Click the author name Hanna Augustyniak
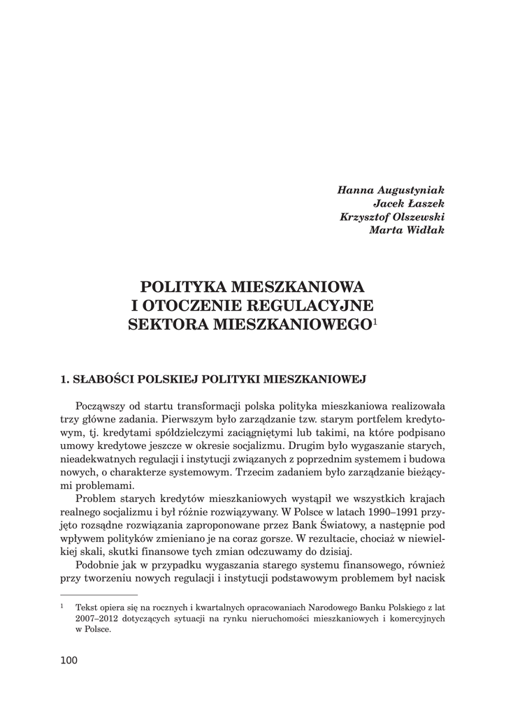point(391,190)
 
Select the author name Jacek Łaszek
point(409,203)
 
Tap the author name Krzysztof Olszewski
point(392,217)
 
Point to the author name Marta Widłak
point(407,231)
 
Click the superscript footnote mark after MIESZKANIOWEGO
point(375,321)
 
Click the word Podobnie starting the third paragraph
point(97,565)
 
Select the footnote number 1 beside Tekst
point(62,607)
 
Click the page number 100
point(69,660)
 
